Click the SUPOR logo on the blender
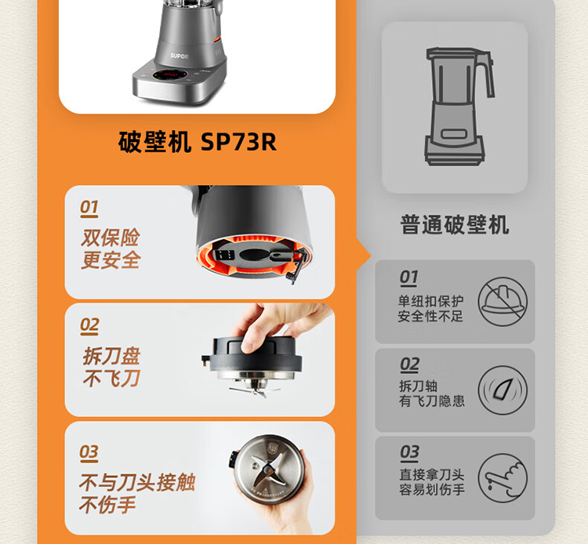click(180, 56)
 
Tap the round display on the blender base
click(170, 75)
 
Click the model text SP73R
click(238, 142)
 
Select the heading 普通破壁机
click(455, 225)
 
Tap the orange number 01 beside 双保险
click(89, 208)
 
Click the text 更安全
click(111, 259)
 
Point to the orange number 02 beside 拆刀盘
click(89, 326)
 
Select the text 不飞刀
click(111, 378)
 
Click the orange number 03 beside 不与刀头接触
click(89, 453)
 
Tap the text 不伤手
click(107, 505)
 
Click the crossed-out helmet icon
click(503, 302)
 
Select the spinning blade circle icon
click(503, 390)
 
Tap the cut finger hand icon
click(503, 478)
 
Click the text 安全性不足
click(430, 317)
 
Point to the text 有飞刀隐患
click(432, 401)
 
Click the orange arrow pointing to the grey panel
click(363, 256)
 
